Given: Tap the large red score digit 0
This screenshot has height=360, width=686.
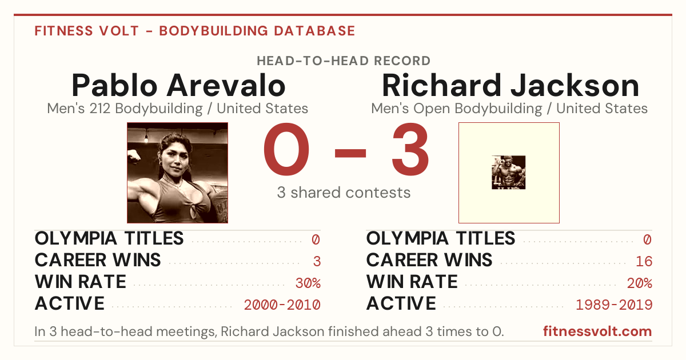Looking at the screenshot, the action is pyautogui.click(x=286, y=149).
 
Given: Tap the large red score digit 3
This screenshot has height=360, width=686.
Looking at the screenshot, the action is pyautogui.click(x=410, y=149).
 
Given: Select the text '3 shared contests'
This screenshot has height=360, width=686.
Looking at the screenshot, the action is pyautogui.click(x=344, y=193).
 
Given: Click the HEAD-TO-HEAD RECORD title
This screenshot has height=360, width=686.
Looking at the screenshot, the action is pyautogui.click(x=344, y=61).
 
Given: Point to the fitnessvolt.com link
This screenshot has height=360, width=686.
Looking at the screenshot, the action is pyautogui.click(x=597, y=331).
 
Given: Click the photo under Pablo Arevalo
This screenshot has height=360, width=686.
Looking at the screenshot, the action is pyautogui.click(x=177, y=173).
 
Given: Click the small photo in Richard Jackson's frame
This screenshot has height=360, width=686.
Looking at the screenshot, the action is pyautogui.click(x=508, y=173).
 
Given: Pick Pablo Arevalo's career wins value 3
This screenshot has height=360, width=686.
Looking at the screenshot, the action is pyautogui.click(x=317, y=262).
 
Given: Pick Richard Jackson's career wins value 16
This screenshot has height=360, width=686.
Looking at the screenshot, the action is pyautogui.click(x=644, y=262).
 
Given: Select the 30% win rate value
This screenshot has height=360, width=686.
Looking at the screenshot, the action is pyautogui.click(x=308, y=283).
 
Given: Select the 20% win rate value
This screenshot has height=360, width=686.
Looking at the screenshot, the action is pyautogui.click(x=640, y=283).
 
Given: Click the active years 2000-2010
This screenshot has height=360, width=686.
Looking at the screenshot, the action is pyautogui.click(x=282, y=305).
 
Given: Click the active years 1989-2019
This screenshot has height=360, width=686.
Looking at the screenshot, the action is pyautogui.click(x=614, y=305).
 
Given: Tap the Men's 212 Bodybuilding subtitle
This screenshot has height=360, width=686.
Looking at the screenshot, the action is pyautogui.click(x=178, y=109).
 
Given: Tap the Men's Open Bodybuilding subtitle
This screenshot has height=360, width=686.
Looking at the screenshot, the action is pyautogui.click(x=509, y=109).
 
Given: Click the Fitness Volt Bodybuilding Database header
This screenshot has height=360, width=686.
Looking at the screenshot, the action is pyautogui.click(x=195, y=31).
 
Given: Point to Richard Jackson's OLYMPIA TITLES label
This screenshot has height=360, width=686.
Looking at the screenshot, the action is pyautogui.click(x=441, y=238).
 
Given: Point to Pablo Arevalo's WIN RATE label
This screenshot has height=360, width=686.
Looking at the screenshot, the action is pyautogui.click(x=81, y=282).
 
